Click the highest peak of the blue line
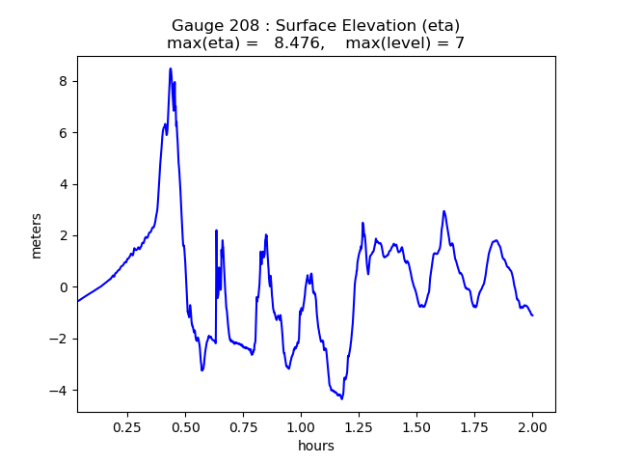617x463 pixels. [171, 68]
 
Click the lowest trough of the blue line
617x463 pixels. [341, 397]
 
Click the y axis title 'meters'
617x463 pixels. [37, 235]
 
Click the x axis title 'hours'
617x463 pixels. [316, 446]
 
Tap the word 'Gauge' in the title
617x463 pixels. [195, 25]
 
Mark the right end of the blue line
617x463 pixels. [532, 315]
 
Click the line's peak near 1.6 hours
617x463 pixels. [443, 211]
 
